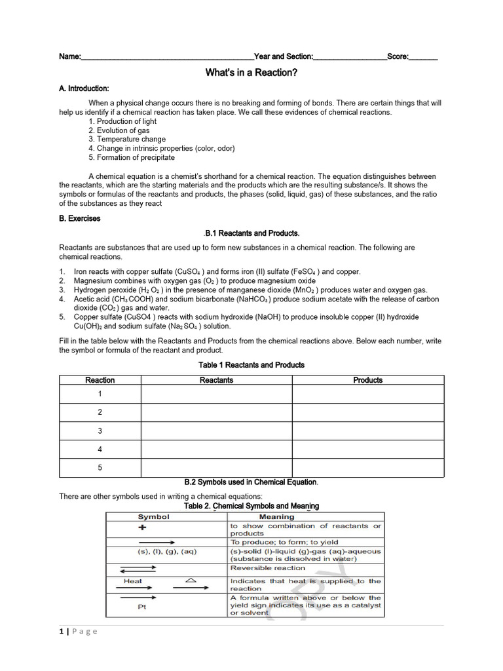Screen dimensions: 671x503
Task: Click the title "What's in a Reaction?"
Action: pos(251,73)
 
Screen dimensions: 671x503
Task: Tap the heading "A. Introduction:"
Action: pos(84,88)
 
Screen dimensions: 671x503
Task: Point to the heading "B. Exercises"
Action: pos(80,218)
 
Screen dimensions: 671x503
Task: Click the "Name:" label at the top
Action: pos(70,57)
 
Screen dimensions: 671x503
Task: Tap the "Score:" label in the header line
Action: pos(398,57)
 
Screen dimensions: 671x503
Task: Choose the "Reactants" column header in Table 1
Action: pos(216,380)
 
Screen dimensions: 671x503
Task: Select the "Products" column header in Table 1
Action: pos(367,380)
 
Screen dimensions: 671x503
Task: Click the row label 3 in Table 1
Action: pos(100,431)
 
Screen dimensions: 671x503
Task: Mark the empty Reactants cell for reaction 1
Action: pos(216,394)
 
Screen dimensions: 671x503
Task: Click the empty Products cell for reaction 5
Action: pos(367,468)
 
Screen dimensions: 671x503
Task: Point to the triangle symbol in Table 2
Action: pos(190,580)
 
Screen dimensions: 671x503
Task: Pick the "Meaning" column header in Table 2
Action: pos(276,516)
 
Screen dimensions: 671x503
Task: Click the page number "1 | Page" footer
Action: pos(78,631)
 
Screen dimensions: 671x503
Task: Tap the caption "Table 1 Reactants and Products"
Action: pos(251,365)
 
